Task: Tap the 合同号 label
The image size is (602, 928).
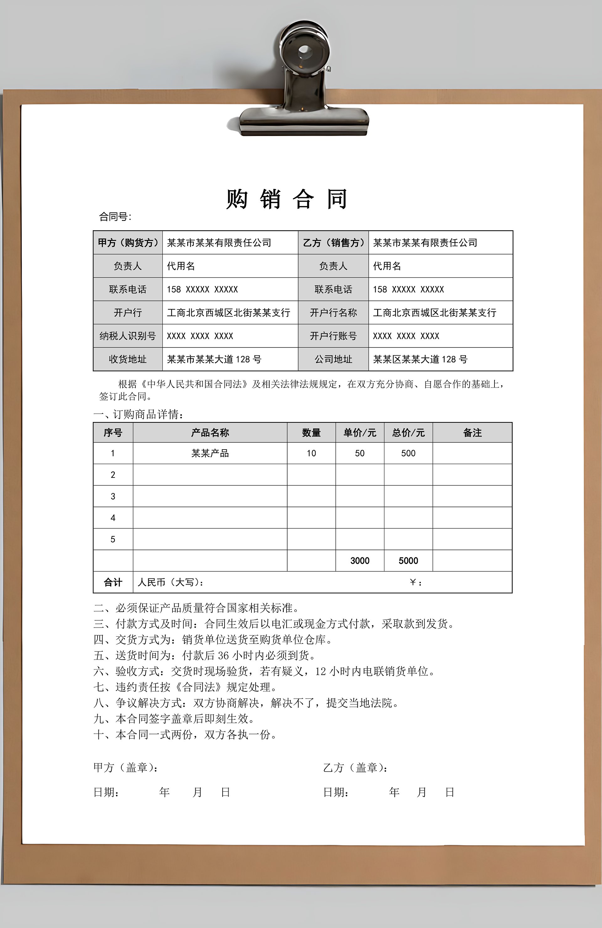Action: tap(115, 217)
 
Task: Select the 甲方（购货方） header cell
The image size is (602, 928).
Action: tap(128, 242)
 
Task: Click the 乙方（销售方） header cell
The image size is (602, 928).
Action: tap(333, 242)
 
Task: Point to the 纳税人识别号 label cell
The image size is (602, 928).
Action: tap(128, 336)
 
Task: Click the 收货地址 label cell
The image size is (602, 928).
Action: tap(128, 359)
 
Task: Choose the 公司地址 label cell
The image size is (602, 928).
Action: tap(333, 359)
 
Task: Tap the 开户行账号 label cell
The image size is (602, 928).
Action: tap(333, 336)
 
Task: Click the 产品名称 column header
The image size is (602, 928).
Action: tap(210, 432)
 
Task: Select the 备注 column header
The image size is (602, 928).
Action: tap(472, 432)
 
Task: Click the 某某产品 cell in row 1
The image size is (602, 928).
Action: tap(210, 453)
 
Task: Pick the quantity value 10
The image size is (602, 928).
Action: tap(311, 453)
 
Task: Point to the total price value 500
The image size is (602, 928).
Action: tap(408, 453)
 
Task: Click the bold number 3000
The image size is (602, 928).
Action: tap(360, 561)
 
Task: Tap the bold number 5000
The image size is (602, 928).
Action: tap(408, 561)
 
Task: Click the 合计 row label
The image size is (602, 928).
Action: tap(113, 582)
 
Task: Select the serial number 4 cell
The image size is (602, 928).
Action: tap(113, 518)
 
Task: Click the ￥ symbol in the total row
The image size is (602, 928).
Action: tap(413, 582)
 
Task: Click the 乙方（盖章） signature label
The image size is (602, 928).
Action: tap(355, 768)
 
